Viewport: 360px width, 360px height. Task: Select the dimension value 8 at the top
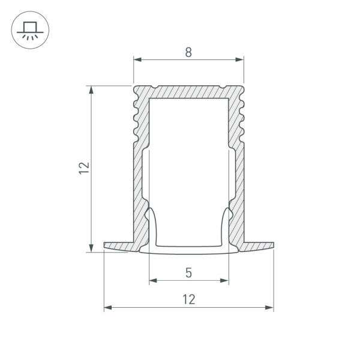[188, 52]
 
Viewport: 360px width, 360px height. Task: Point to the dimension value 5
[188, 273]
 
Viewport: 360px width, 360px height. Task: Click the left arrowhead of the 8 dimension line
[136, 60]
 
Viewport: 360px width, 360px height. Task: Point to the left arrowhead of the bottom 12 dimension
[108, 308]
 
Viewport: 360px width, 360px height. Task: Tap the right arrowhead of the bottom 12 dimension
[270, 308]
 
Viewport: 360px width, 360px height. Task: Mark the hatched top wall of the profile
[188, 91]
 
